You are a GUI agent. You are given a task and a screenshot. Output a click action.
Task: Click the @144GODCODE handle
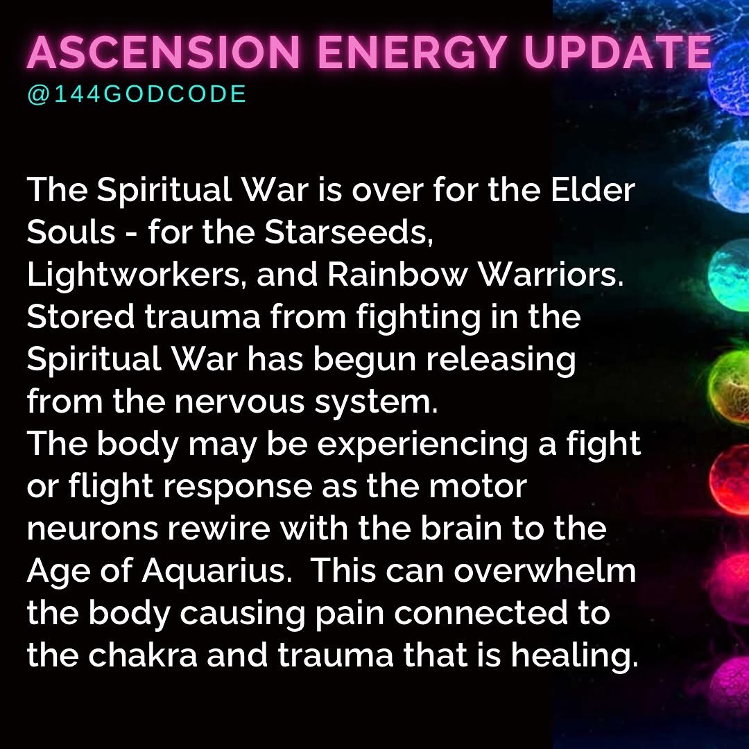coord(137,94)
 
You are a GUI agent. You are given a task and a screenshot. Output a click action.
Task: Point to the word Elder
coord(593,189)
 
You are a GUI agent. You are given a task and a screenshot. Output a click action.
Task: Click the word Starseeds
coord(349,232)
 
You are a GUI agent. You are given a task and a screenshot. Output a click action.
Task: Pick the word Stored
coord(80,316)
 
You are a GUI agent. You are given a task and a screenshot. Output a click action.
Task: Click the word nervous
coord(239,402)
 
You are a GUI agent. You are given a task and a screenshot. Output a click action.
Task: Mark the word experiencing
coord(422,445)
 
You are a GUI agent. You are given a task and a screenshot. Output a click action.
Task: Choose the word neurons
coord(92,528)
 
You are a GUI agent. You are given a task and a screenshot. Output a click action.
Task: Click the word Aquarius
coord(217,570)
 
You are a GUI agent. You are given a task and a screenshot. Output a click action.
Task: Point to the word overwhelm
coord(544,570)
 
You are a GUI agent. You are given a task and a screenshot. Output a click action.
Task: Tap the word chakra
coord(143,655)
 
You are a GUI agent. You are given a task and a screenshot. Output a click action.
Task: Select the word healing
coord(574,655)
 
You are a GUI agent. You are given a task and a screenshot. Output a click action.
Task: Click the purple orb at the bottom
coord(732,686)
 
